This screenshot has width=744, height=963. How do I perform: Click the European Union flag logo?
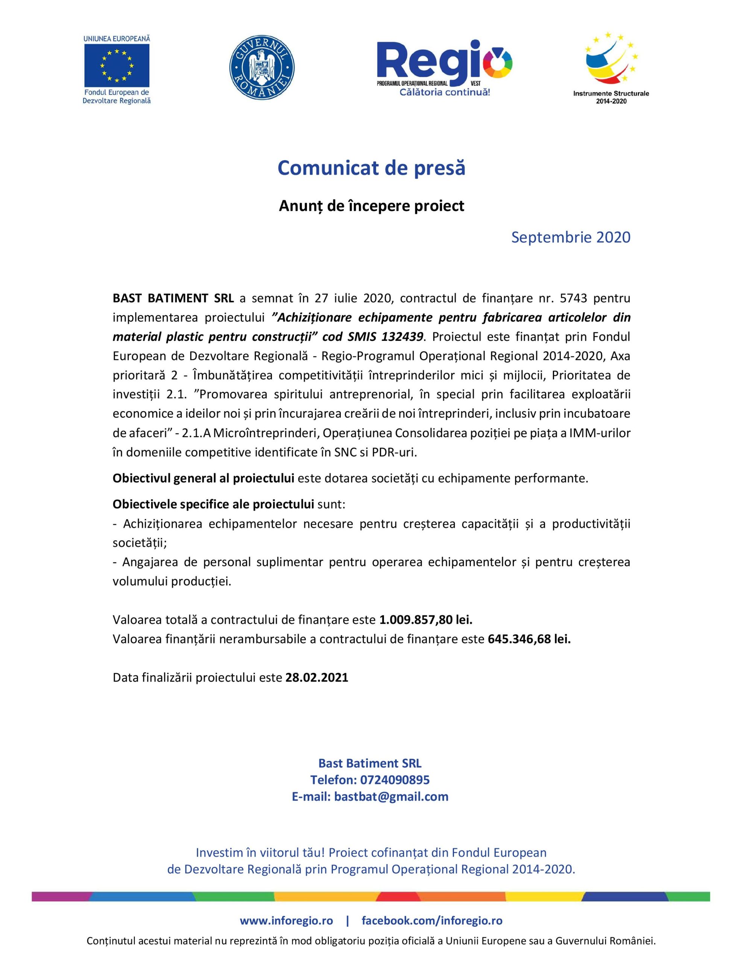coord(117,64)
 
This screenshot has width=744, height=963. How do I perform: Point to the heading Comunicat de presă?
coord(371,168)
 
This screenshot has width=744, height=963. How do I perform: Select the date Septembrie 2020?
coord(571,237)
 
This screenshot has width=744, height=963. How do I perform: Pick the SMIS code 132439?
coord(402,337)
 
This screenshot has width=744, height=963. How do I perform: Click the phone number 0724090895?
coord(395,780)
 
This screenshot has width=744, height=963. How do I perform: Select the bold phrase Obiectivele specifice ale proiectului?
coord(213,504)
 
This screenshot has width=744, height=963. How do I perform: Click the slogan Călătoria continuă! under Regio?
coord(444,93)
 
